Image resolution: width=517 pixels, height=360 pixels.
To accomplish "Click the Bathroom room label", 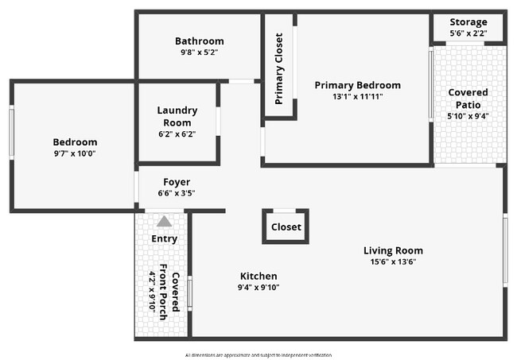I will click(x=199, y=41).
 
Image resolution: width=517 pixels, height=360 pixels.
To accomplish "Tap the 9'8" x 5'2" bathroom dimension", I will click(x=199, y=52).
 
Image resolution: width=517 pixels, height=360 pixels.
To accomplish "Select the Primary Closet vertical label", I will click(x=279, y=68).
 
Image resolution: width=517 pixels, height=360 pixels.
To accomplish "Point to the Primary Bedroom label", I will click(x=357, y=85).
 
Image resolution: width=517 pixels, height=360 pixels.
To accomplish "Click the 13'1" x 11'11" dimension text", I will click(x=357, y=98).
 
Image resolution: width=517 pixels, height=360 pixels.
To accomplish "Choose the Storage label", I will click(x=468, y=21).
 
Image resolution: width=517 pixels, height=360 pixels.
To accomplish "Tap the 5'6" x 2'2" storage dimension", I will click(x=468, y=33).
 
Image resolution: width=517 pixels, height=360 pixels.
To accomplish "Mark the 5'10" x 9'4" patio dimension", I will click(x=468, y=116).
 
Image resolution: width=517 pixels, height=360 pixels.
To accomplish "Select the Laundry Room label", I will click(x=177, y=116).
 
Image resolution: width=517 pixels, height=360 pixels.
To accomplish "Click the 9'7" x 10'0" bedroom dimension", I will click(x=75, y=153).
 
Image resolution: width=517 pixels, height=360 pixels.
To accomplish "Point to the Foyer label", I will click(x=177, y=182).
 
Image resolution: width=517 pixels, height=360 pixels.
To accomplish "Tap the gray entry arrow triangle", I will click(x=164, y=222).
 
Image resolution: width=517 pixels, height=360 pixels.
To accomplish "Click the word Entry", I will click(x=164, y=238).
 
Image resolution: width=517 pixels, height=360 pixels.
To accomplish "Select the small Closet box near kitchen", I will click(x=286, y=226).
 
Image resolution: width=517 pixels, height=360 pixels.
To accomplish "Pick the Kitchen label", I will click(x=258, y=276).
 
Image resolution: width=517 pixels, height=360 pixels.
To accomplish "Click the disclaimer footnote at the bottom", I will click(x=258, y=354).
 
